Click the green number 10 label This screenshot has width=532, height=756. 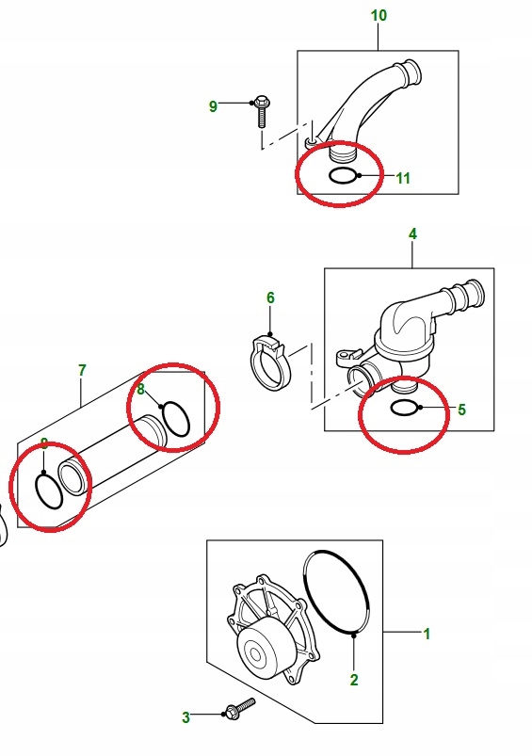(379, 16)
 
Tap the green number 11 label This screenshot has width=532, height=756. (403, 179)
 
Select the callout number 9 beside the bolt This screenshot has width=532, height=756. (213, 106)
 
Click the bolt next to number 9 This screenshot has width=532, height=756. (261, 112)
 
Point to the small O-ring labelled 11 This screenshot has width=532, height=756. (342, 176)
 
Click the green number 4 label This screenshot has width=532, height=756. (411, 233)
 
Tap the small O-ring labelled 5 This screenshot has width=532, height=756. (405, 408)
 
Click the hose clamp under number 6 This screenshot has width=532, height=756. (272, 366)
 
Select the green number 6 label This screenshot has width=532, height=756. (270, 298)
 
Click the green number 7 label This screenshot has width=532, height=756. (82, 371)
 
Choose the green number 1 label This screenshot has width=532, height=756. (427, 635)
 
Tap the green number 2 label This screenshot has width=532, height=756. (354, 679)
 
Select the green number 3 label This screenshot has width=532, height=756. (185, 717)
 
